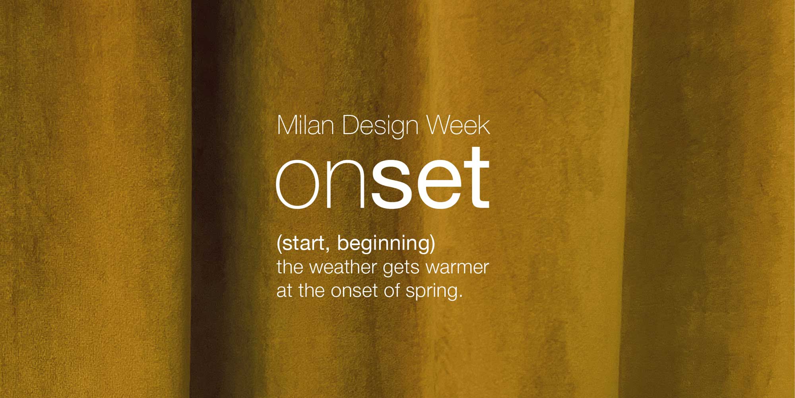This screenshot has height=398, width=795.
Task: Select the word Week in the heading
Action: pos(458,125)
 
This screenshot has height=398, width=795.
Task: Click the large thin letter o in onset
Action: pos(298,184)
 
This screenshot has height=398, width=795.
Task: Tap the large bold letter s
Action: pos(390,184)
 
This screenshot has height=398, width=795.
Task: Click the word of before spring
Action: pos(392,291)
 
